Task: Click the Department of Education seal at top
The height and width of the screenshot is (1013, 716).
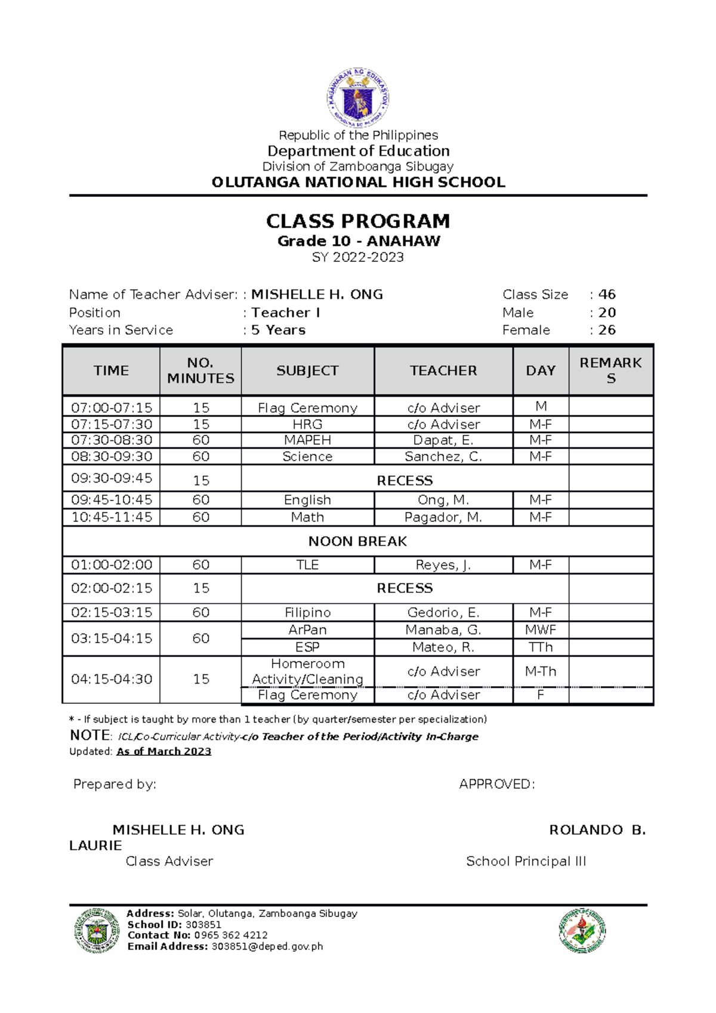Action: click(358, 97)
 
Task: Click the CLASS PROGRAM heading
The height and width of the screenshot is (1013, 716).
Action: click(358, 221)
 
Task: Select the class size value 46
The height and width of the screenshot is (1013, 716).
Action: click(607, 295)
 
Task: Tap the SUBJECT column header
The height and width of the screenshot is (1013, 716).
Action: click(307, 370)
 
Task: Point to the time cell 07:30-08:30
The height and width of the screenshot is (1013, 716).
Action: click(112, 440)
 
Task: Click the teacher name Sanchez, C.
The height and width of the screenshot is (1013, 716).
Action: click(443, 457)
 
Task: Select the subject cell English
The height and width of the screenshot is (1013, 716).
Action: click(307, 500)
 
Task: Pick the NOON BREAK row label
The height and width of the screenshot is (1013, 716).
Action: click(357, 542)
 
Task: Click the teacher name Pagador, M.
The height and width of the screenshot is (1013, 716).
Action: click(443, 517)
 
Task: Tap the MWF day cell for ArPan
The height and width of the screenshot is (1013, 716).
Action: click(541, 630)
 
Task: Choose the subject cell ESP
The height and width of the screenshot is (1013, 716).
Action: click(307, 647)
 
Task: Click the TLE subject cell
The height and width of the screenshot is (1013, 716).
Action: click(307, 565)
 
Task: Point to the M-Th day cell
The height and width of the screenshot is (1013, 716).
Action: click(541, 672)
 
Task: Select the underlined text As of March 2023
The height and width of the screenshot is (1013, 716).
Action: click(164, 752)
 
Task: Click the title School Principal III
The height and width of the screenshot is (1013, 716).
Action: click(526, 861)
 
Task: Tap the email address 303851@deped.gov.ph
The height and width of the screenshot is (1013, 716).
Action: click(267, 947)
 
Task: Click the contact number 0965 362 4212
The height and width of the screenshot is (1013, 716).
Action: click(231, 935)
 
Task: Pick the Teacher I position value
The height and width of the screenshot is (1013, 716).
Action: click(286, 313)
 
